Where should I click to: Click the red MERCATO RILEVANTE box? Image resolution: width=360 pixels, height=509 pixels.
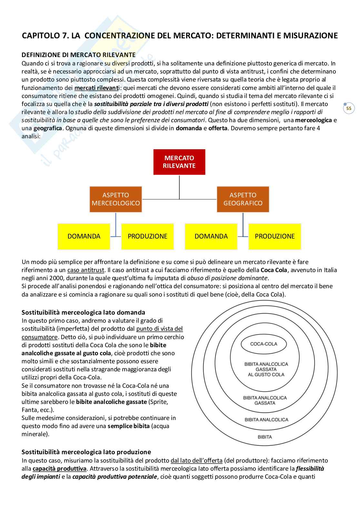pos(179,162)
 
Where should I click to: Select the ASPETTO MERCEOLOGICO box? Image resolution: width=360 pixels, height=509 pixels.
pos(115,199)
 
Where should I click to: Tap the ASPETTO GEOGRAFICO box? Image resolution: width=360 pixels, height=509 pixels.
pos(243,199)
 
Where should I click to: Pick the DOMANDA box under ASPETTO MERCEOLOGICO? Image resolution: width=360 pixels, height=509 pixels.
pos(84,236)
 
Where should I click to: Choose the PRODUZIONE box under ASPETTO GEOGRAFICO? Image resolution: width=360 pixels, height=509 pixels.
pos(275,236)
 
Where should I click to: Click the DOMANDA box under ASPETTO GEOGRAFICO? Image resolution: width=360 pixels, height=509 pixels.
pos(211,236)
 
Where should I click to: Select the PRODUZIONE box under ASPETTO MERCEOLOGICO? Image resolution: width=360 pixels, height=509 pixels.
pos(147,236)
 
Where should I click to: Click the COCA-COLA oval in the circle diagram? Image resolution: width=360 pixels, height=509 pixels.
pos(264,344)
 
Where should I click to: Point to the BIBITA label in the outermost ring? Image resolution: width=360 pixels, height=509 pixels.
pos(265,437)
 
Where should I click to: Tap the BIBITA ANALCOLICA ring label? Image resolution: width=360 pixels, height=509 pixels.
pos(266,420)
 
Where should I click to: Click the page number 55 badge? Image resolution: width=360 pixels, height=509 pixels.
pos(349,108)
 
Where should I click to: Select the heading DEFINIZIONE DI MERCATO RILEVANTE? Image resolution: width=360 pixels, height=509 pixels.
pos(78,55)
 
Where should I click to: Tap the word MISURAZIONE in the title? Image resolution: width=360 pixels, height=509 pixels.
pos(310,35)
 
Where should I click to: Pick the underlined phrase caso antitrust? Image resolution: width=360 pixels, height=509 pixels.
pos(86,270)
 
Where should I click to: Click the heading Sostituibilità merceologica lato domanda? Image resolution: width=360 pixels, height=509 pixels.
pos(83,312)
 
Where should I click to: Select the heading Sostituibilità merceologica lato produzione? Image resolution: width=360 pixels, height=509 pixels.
pos(86,452)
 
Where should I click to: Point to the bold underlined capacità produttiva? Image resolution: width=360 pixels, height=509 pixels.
pos(59,469)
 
